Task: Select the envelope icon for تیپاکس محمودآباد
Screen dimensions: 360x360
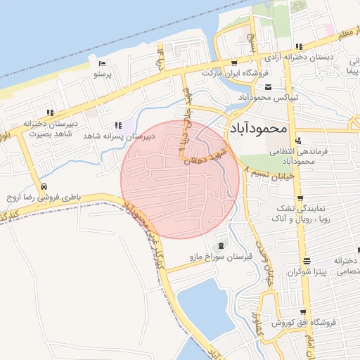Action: point(268,87)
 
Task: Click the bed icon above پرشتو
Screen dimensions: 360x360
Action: point(103,64)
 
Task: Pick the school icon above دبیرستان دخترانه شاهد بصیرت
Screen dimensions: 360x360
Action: point(49,112)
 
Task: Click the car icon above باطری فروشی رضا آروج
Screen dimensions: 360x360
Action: point(44,186)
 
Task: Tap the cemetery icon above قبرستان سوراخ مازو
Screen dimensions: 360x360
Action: point(222,245)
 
